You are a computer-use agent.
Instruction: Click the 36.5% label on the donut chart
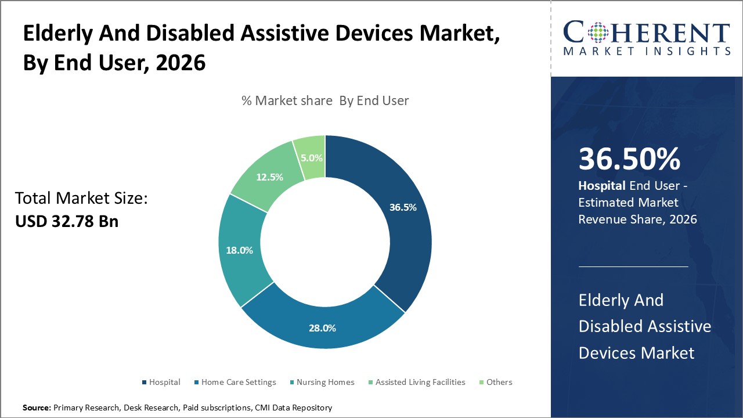point(402,207)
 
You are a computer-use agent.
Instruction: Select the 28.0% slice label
point(322,328)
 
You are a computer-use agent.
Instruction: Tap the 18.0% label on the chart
point(239,250)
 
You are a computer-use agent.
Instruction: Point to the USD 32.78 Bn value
point(67,221)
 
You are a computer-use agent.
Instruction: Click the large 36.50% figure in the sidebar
point(629,160)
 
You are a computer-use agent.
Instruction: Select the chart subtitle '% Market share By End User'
point(325,100)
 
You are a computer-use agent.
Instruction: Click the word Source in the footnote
point(37,408)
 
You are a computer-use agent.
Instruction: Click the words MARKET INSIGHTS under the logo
point(646,51)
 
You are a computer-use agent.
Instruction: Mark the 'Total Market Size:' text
point(81,199)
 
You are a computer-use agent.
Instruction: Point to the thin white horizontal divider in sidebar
point(633,266)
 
